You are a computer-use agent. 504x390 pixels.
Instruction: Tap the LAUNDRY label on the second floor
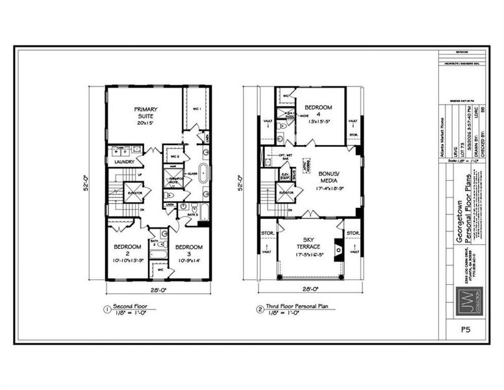pos(123,161)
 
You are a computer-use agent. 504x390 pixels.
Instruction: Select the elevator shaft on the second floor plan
pos(133,192)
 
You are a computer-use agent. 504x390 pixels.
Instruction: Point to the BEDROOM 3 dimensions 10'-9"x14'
pos(189,259)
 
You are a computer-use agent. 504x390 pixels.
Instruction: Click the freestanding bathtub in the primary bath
pos(203,174)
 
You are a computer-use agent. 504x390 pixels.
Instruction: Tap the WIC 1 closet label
pos(197,109)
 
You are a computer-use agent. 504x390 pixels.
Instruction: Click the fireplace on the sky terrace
pos(337,249)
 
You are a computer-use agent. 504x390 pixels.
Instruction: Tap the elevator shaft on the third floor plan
pos(285,192)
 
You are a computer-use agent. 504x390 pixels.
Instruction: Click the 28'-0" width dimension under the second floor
pos(158,289)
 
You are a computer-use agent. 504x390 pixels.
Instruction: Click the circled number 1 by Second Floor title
pos(107,308)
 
